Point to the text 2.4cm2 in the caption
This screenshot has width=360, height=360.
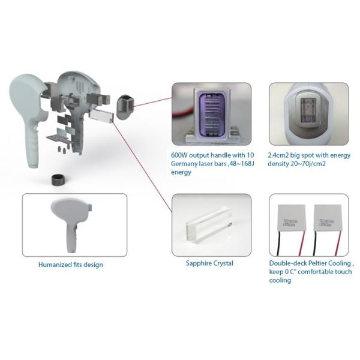[282, 153]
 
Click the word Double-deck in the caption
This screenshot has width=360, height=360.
[289, 263]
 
